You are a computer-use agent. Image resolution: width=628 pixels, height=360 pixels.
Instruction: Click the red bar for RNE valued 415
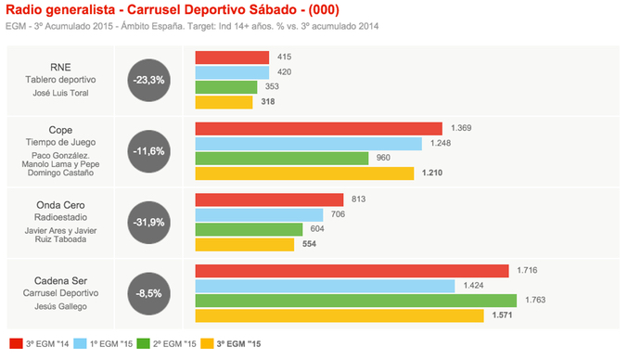(x=232, y=58)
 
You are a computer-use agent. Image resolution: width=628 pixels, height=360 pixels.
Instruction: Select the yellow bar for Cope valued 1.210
(x=304, y=174)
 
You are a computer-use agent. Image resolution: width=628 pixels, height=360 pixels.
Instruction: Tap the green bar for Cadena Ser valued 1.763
(x=355, y=301)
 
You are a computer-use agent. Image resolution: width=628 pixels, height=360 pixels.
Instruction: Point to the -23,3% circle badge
(x=148, y=80)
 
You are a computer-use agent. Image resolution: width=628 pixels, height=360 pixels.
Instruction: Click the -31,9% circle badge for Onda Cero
(x=148, y=222)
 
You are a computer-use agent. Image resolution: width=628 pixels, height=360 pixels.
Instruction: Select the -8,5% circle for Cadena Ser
(x=148, y=292)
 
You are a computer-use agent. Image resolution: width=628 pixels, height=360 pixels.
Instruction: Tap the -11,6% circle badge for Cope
(x=148, y=150)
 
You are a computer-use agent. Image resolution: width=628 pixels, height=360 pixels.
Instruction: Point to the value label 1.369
(x=462, y=128)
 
